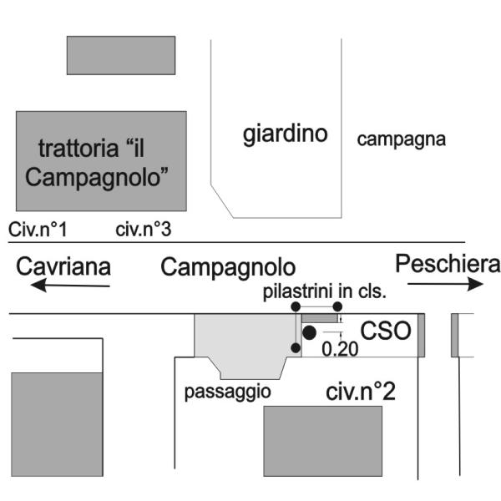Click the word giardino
[285, 134]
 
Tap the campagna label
[402, 139]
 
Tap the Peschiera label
[448, 264]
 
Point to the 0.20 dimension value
[339, 349]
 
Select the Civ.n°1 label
[38, 228]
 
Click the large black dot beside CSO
[309, 332]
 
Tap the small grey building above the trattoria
[121, 54]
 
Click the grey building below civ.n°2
[323, 441]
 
